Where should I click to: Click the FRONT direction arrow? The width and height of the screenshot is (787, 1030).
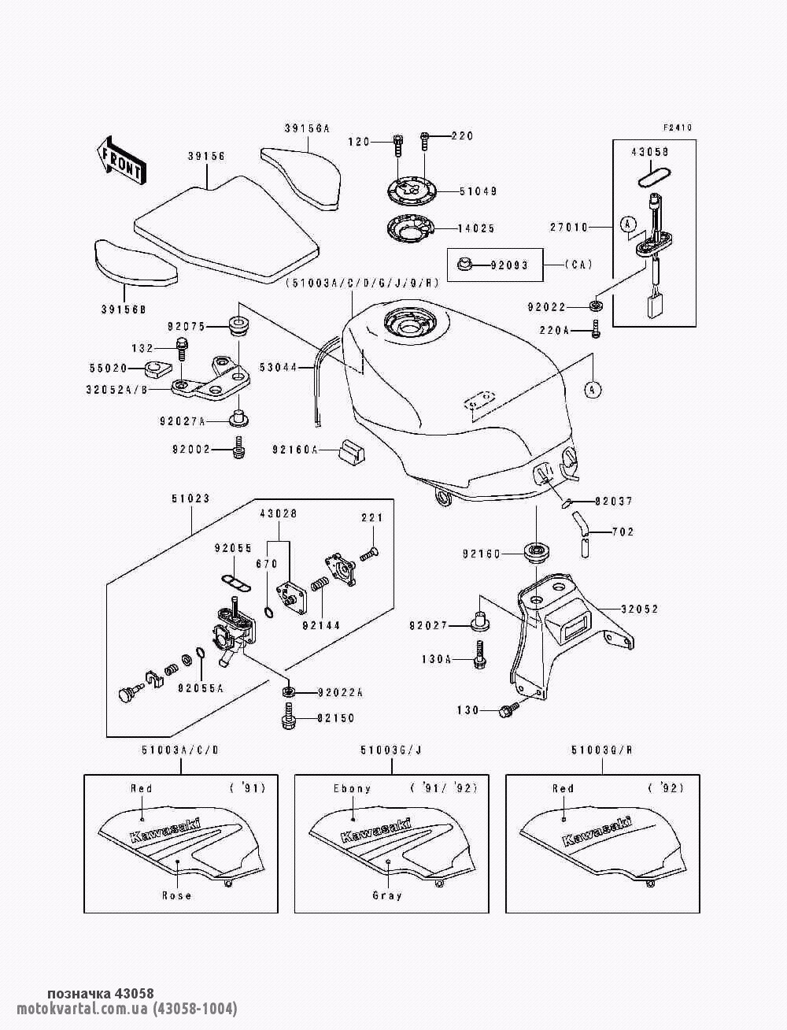point(121,161)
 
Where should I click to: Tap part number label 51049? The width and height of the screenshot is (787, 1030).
point(478,191)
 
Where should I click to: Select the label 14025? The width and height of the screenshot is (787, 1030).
point(476,228)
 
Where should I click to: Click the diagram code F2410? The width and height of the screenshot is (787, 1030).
point(678,128)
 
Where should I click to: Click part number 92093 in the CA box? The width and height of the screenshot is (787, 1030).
point(509,265)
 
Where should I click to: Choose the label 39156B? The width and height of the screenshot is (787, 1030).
point(124,309)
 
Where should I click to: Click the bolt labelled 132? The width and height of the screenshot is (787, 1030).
point(182,349)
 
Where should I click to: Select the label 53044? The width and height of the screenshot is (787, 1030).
point(278,368)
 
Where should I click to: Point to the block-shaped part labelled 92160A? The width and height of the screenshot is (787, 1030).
point(352,451)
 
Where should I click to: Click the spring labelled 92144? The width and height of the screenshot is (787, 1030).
point(319,588)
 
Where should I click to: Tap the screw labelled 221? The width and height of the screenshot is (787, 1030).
point(369,554)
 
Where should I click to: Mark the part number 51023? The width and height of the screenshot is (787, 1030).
point(190,498)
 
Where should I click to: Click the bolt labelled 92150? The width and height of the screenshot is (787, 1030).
point(288,718)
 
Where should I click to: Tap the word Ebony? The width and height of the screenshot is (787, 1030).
point(353,789)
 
